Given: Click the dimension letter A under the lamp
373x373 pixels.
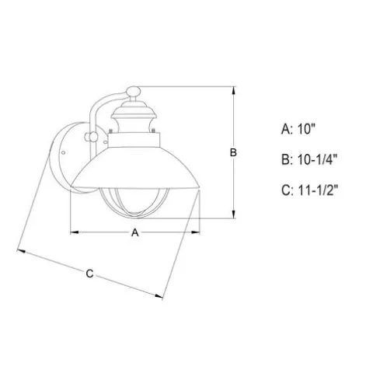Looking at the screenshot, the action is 135,232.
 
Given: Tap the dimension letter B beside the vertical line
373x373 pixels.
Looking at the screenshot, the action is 233,152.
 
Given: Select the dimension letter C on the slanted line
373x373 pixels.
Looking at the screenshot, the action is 89,274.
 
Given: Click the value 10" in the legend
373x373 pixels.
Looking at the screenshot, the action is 306,129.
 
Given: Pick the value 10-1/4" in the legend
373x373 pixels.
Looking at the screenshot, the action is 318,159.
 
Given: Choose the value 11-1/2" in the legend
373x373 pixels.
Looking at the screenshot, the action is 318,190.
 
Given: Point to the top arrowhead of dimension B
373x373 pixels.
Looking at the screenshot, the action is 234,91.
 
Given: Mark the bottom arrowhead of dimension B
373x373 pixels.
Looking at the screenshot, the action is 234,214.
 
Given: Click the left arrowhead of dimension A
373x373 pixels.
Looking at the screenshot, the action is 75,232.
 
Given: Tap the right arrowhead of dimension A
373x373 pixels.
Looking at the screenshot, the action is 196,232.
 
